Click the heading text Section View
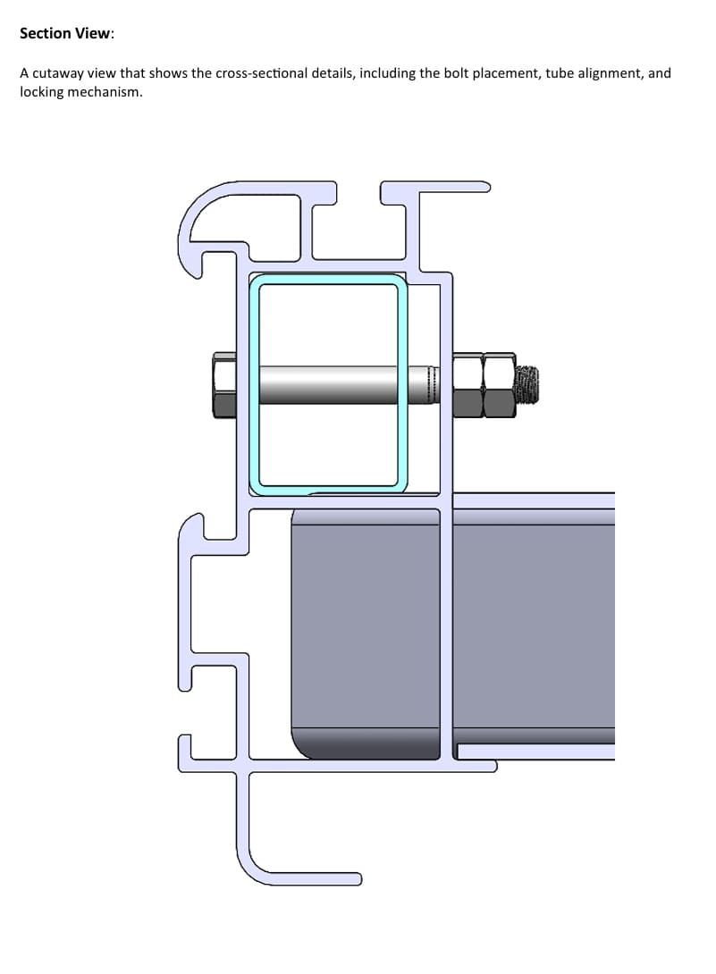pos(67,33)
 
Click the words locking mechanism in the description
pos(80,93)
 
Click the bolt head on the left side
pos(224,385)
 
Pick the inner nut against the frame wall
pos(468,385)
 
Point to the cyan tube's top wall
pos(327,280)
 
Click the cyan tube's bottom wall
pos(327,490)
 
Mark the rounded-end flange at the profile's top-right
pos(447,187)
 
